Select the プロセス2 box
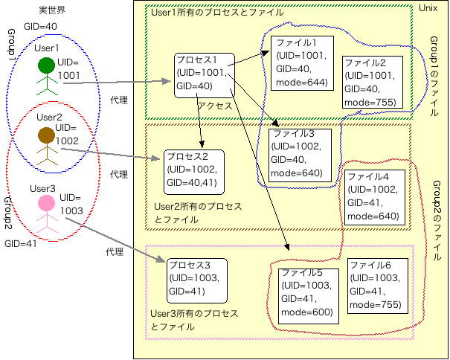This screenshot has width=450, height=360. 192,170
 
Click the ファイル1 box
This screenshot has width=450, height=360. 300,62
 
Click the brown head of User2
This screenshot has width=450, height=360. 47,135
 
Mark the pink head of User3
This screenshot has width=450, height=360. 47,202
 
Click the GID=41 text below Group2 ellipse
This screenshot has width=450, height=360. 20,243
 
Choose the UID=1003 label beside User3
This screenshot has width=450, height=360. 72,205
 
